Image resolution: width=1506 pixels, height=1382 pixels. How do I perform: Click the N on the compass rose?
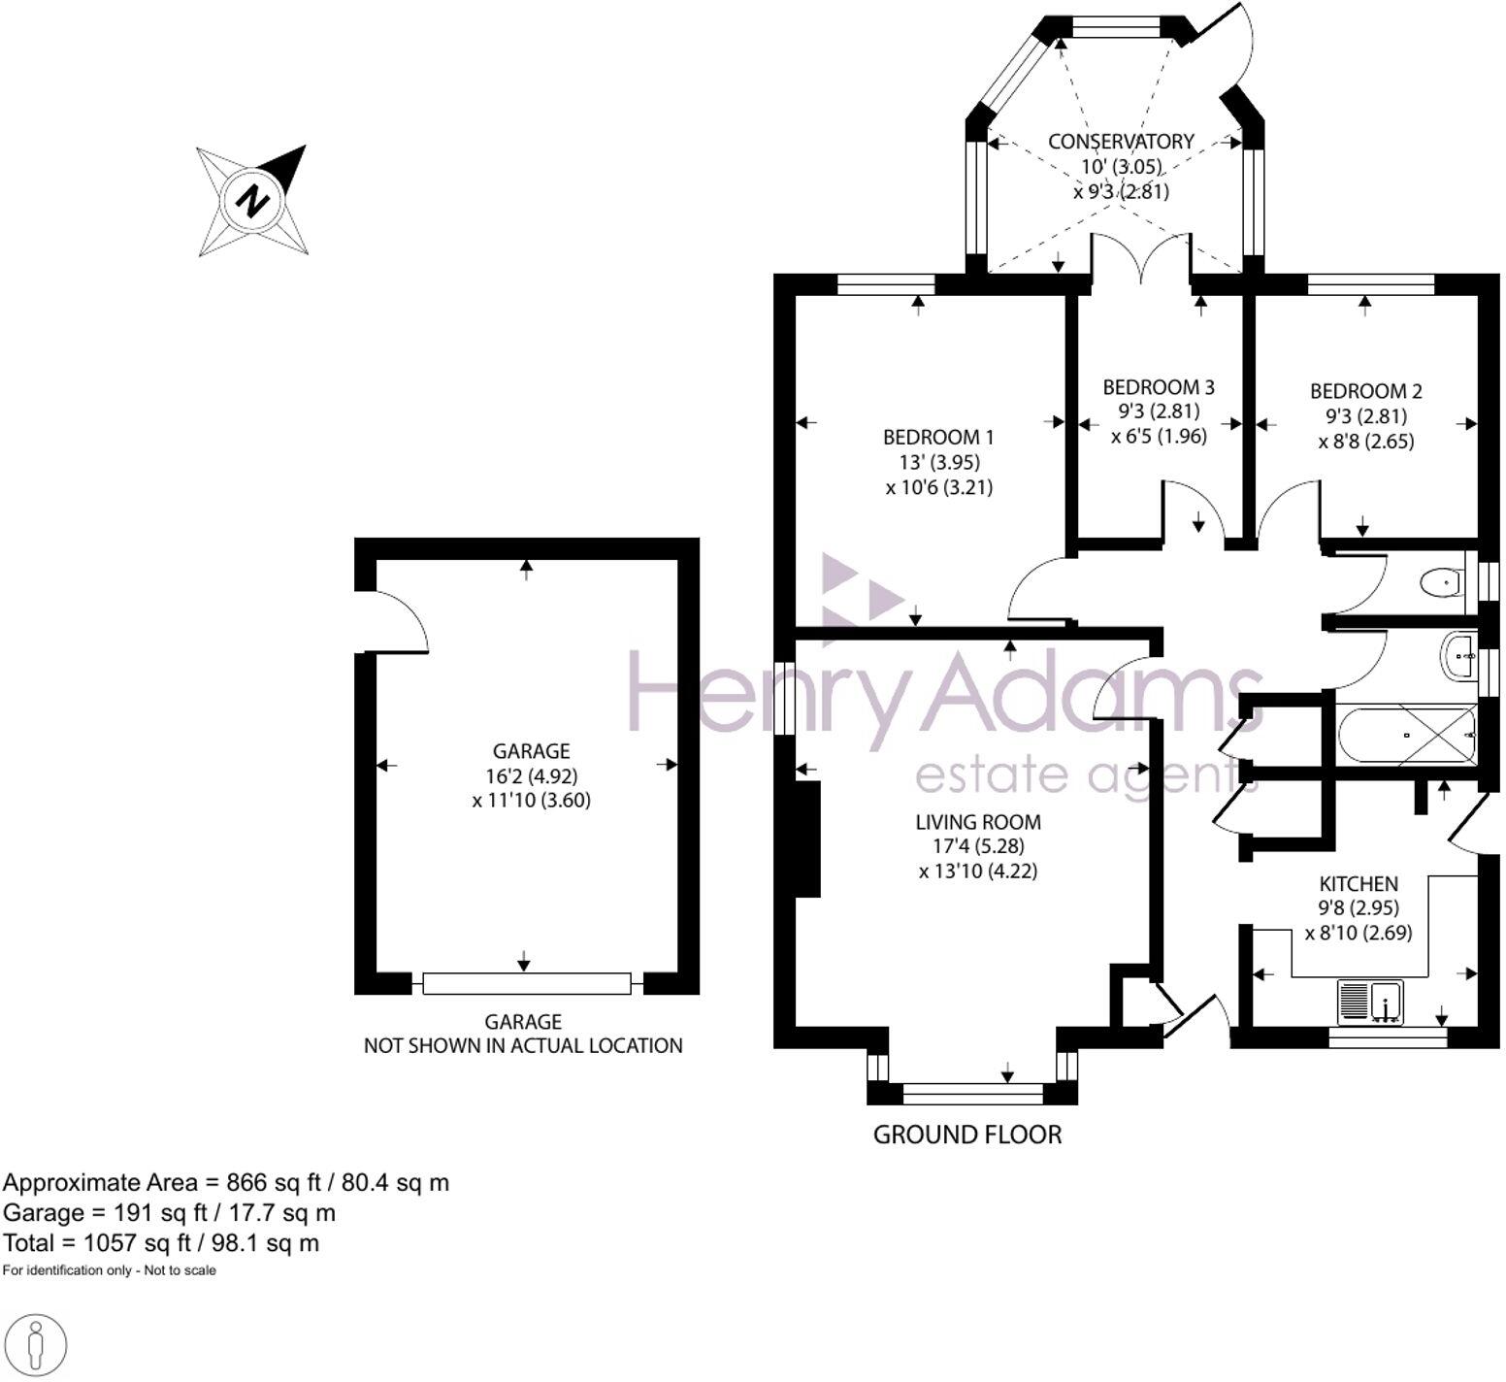click(x=253, y=201)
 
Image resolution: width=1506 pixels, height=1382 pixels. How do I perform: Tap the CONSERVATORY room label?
click(x=1121, y=142)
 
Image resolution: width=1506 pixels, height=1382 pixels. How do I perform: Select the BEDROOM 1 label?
click(x=937, y=438)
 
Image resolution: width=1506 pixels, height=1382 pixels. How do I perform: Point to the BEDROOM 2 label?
click(x=1365, y=391)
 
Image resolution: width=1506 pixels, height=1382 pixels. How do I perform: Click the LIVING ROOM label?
click(x=978, y=822)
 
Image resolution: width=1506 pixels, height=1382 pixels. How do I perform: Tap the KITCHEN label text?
click(x=1359, y=883)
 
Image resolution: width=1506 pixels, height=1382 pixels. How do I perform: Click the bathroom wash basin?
click(x=1458, y=656)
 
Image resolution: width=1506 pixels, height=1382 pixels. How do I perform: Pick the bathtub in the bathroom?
click(x=1406, y=735)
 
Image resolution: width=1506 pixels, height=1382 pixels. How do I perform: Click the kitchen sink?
click(x=1370, y=1002)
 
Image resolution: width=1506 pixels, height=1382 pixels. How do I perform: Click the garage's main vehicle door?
click(x=527, y=983)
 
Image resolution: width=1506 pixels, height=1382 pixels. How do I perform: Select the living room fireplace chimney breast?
click(x=807, y=838)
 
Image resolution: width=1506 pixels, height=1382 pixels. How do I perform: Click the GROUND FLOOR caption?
click(x=967, y=1135)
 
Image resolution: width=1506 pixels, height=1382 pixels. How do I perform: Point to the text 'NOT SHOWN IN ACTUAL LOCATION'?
click(x=523, y=1046)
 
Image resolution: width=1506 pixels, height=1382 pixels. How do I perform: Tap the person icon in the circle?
click(x=35, y=1346)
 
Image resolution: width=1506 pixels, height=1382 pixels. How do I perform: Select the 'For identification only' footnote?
click(x=109, y=1270)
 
